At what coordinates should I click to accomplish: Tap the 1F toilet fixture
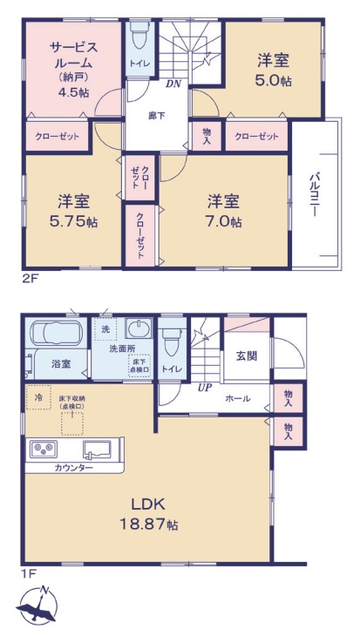[172, 342]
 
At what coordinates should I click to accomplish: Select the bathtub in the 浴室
[57, 333]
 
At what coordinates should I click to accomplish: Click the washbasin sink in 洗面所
[139, 328]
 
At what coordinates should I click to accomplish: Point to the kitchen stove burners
[44, 449]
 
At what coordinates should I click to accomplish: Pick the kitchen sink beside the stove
[97, 450]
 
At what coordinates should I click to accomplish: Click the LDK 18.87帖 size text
[148, 514]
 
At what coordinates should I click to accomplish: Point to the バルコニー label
[314, 194]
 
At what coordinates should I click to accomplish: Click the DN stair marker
[173, 84]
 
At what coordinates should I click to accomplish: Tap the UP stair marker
[206, 388]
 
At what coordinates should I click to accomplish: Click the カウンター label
[74, 468]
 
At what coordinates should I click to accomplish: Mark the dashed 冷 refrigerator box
[38, 397]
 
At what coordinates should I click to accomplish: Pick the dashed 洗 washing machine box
[105, 329]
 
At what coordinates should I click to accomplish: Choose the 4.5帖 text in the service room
[73, 91]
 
